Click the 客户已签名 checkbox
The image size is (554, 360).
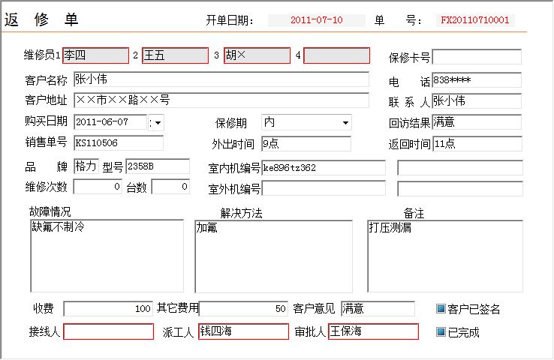pos(441,308)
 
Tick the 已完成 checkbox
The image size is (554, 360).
pos(441,331)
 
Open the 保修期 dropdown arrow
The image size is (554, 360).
pos(345,123)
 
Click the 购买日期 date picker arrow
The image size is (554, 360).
pos(158,123)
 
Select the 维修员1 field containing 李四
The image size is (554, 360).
pos(95,55)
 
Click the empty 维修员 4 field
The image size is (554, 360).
pos(337,55)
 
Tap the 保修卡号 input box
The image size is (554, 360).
pos(477,57)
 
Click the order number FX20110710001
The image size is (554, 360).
pos(475,19)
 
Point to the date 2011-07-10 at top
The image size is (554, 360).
pos(317,19)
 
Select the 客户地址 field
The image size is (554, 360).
pos(221,100)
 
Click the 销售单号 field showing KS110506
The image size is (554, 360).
pos(119,143)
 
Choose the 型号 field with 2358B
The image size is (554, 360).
pos(158,166)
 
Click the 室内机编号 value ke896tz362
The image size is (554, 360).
pos(289,168)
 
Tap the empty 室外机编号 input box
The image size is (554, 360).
pos(324,188)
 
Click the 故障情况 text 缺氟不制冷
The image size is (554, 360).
pos(59,226)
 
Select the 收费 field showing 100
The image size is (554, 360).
pos(108,309)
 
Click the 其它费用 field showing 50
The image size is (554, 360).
pos(243,309)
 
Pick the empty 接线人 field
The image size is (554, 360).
pos(108,331)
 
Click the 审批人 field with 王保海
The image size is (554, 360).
pos(373,331)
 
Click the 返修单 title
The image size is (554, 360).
pos(41,19)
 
